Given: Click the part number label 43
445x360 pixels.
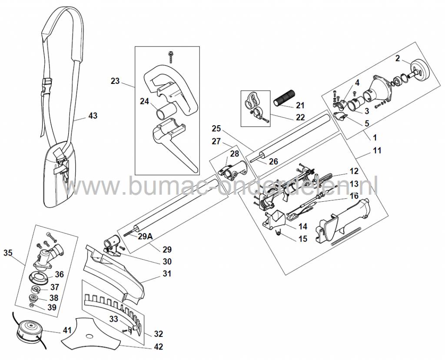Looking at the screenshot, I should coord(93,116).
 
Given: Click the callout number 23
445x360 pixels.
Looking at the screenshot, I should coord(115,81).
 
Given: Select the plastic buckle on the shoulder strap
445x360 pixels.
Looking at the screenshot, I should coord(46,83).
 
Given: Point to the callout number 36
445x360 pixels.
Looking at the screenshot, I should coord(60,274).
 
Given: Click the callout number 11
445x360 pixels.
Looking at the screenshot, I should coord(377,150).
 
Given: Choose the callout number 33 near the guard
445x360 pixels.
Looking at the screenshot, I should coord(114,319).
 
